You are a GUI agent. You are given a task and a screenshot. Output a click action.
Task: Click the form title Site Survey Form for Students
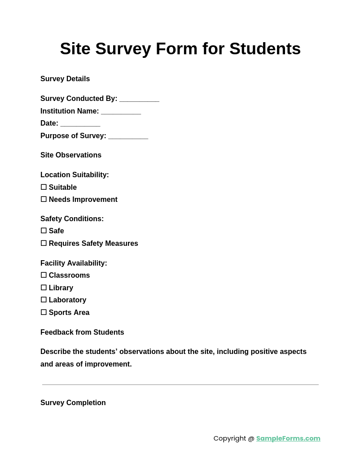180,49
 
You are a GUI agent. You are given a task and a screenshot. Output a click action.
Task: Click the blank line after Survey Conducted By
139,99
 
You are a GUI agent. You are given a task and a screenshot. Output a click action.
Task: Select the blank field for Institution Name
121,112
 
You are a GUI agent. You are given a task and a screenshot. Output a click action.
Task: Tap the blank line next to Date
80,124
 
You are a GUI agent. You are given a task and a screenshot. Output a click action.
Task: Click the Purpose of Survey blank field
128,136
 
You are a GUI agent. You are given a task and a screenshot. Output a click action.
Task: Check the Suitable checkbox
44,187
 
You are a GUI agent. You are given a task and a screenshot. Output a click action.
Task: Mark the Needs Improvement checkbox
44,199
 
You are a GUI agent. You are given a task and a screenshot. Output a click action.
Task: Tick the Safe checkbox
44,231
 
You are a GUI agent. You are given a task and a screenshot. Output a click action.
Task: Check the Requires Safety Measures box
44,243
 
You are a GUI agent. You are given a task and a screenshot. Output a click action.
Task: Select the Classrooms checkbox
44,275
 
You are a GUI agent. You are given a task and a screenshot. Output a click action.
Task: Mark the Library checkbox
44,288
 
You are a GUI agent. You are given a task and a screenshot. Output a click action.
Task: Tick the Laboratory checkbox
44,300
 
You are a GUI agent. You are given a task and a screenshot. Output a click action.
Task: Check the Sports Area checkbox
44,312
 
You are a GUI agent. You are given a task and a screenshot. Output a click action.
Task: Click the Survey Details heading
65,79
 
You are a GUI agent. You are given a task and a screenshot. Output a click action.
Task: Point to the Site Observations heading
71,155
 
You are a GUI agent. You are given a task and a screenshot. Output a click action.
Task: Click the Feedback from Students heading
82,332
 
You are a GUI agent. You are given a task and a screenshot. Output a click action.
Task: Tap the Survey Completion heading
73,403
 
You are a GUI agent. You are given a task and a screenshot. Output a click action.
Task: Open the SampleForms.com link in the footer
288,438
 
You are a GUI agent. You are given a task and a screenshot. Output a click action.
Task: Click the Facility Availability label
74,263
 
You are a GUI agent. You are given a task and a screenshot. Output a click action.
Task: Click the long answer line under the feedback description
180,384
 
